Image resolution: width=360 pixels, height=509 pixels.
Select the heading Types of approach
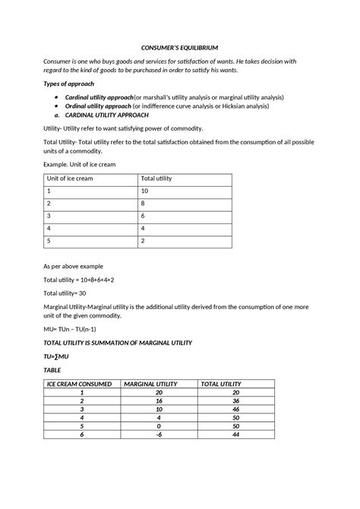coord(72,84)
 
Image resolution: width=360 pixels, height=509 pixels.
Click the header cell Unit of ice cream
coord(71,179)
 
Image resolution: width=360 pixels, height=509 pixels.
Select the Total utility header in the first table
coord(157,179)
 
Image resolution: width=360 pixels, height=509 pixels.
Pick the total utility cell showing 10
coord(146,191)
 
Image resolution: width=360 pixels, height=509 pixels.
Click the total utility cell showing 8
coord(144,204)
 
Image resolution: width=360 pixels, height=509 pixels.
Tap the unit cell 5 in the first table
coord(49,242)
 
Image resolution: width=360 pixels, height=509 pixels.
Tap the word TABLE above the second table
coord(54,369)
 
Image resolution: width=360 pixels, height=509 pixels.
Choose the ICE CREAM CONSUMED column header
coord(80,384)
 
